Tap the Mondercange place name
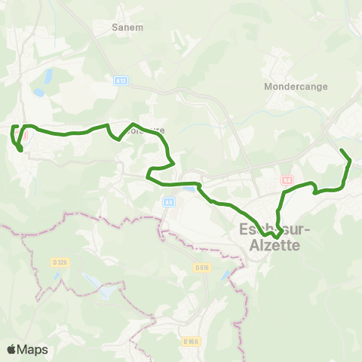pyautogui.click(x=296, y=87)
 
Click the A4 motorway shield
pyautogui.click(x=168, y=202)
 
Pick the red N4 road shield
pyautogui.click(x=287, y=180)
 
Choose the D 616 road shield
pyautogui.click(x=201, y=268)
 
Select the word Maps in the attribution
pyautogui.click(x=33, y=349)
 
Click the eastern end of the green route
pyautogui.click(x=342, y=151)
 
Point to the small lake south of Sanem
pyautogui.click(x=48, y=76)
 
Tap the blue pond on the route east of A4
pyautogui.click(x=189, y=189)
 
